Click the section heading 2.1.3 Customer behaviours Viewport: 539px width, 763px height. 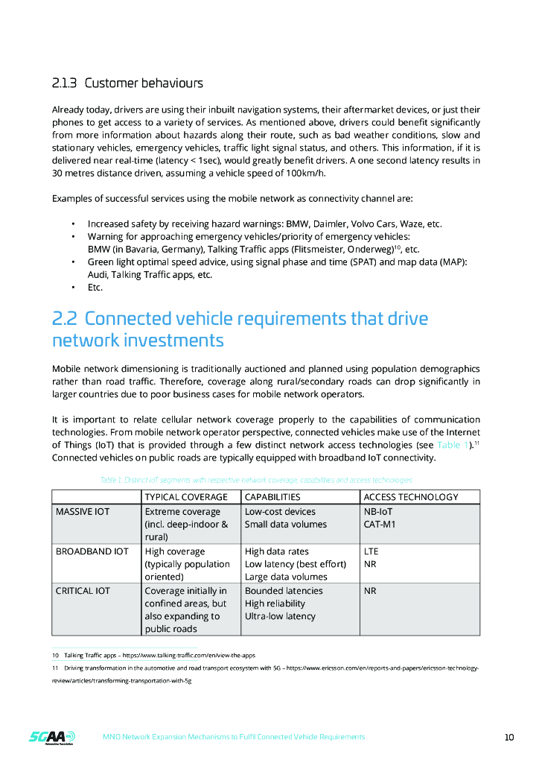(x=127, y=83)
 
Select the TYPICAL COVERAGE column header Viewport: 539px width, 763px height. (x=186, y=497)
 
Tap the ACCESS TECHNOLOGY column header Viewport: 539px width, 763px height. (x=409, y=497)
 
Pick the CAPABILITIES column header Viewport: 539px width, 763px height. (x=272, y=497)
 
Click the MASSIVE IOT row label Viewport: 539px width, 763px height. (x=83, y=512)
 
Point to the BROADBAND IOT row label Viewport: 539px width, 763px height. (x=92, y=551)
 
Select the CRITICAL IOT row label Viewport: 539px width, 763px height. (x=83, y=591)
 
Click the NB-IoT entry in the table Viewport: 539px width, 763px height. (x=378, y=512)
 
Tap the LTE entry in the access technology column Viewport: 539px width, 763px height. (x=371, y=551)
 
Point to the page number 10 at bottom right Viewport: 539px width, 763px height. (x=509, y=738)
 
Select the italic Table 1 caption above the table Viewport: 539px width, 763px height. (x=255, y=480)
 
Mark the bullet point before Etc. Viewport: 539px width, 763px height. (x=73, y=287)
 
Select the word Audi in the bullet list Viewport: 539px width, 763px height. (x=98, y=274)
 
